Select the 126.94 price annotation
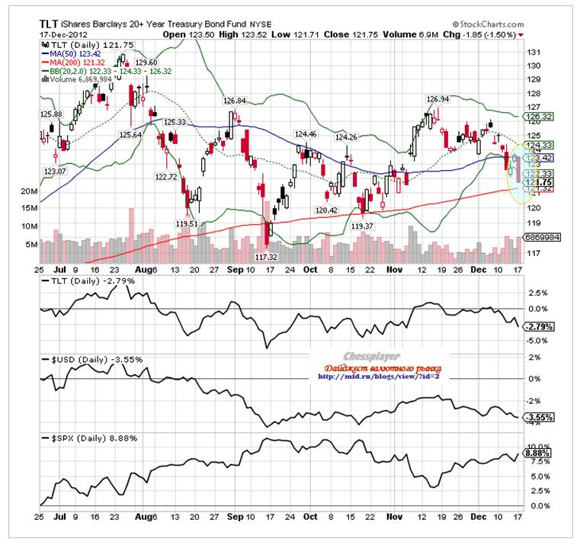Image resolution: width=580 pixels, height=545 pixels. pyautogui.click(x=437, y=99)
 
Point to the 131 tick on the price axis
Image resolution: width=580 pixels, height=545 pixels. pyautogui.click(x=534, y=52)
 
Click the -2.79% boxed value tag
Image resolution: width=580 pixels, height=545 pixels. pyautogui.click(x=539, y=326)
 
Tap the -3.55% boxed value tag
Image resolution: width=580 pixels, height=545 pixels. pyautogui.click(x=539, y=418)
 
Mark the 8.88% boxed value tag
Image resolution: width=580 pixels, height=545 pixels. pyautogui.click(x=539, y=453)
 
